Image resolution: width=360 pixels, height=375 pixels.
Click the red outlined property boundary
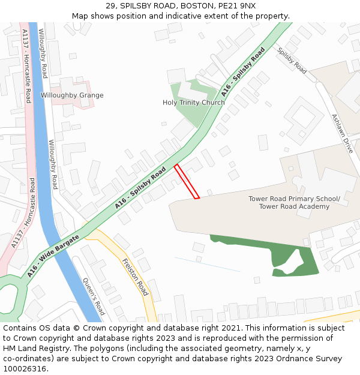click(187, 181)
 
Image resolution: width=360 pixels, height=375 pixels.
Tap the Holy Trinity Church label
click(193, 103)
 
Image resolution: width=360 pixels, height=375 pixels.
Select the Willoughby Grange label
click(72, 95)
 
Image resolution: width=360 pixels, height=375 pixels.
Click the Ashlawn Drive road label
click(343, 133)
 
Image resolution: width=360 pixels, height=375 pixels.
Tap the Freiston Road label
click(135, 277)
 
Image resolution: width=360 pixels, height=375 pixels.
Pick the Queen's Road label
click(94, 296)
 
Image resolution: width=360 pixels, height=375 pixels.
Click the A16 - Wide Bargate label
click(53, 256)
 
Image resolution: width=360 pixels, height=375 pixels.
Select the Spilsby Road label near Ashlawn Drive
click(292, 61)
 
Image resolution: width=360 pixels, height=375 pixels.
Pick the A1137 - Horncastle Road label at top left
click(26, 66)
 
